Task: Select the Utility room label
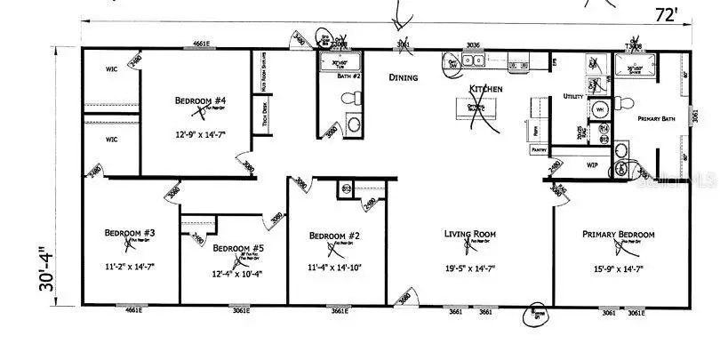(x=573, y=96)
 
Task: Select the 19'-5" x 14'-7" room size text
(x=468, y=266)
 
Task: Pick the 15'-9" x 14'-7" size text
(x=618, y=266)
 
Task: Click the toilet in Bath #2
(x=354, y=124)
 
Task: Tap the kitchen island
(x=476, y=108)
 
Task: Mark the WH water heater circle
(x=599, y=109)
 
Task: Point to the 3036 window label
(x=473, y=44)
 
